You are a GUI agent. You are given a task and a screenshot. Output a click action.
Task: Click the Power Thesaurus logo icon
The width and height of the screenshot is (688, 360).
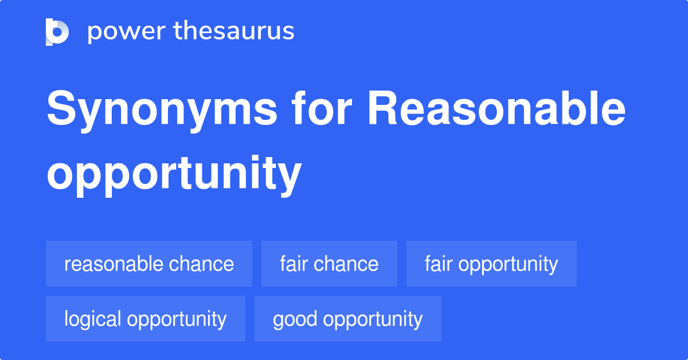(57, 32)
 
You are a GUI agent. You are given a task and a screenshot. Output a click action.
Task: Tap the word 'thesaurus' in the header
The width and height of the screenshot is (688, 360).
(234, 32)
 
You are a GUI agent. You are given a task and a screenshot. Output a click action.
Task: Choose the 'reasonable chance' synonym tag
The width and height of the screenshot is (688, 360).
(149, 264)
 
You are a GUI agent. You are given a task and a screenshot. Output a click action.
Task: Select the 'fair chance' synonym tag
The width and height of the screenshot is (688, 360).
(329, 264)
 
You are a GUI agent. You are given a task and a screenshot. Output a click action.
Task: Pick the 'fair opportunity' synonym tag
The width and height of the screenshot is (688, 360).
(491, 264)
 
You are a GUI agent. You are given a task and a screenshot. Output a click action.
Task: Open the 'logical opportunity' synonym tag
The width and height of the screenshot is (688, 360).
(146, 319)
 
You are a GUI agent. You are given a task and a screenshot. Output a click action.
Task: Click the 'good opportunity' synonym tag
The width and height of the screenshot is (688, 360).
(348, 319)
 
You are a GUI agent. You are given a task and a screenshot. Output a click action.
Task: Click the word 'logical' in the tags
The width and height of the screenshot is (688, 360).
(93, 319)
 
